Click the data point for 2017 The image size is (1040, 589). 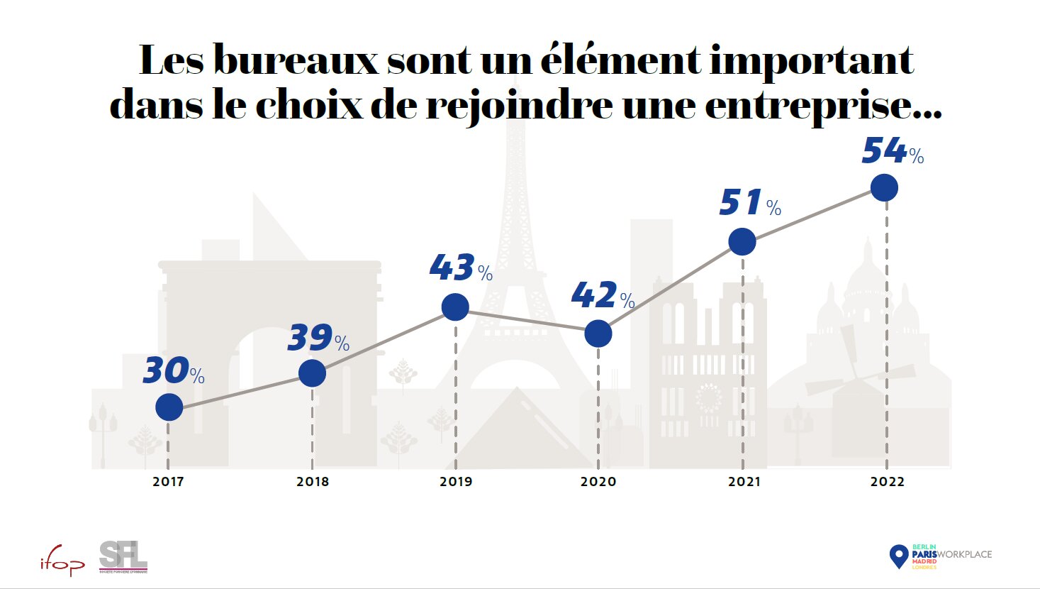tap(169, 407)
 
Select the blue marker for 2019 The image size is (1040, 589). tap(455, 307)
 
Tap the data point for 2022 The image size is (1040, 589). tap(884, 188)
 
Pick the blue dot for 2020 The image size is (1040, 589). tap(598, 334)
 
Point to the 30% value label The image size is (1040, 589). tap(173, 372)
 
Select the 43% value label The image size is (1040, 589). tap(461, 269)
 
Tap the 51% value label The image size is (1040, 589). tap(749, 204)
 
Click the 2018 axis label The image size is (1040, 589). tap(313, 482)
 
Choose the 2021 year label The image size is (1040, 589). tap(744, 482)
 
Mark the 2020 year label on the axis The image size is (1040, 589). tap(598, 482)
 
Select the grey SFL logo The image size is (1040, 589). tap(123, 556)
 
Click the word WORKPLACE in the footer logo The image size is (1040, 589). tap(965, 554)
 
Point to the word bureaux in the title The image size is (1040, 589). tap(296, 60)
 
